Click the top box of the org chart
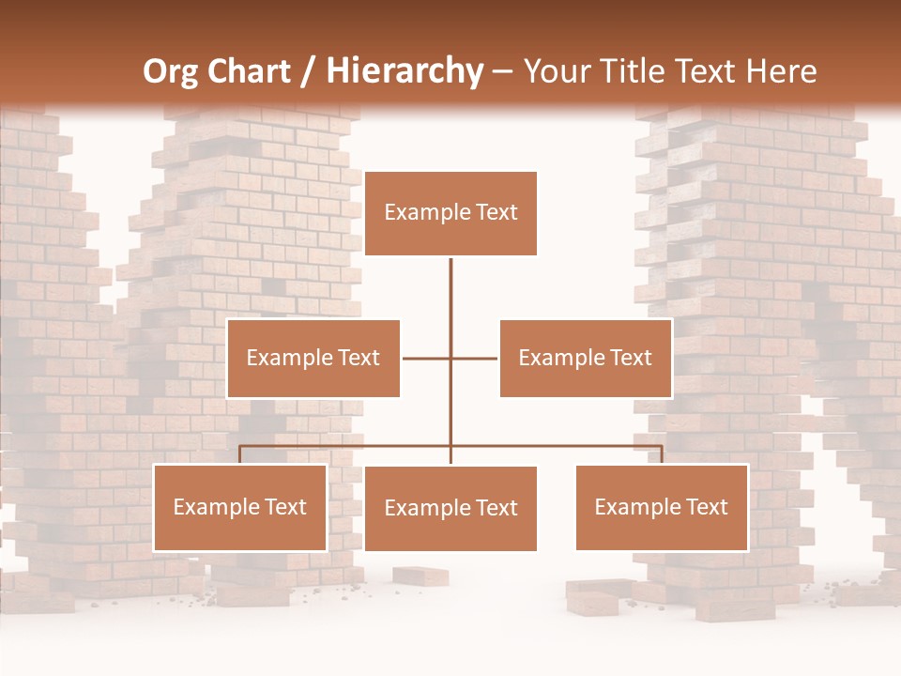click(x=450, y=213)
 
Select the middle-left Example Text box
click(x=313, y=358)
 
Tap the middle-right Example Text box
click(x=586, y=358)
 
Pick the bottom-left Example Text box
click(x=240, y=507)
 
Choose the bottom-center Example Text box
click(x=450, y=508)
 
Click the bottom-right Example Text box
click(x=662, y=507)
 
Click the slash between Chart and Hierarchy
click(x=308, y=72)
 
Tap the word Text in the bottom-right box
click(x=706, y=507)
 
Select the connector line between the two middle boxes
click(x=450, y=358)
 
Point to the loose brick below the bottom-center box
click(x=420, y=576)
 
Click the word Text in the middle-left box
click(x=358, y=358)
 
